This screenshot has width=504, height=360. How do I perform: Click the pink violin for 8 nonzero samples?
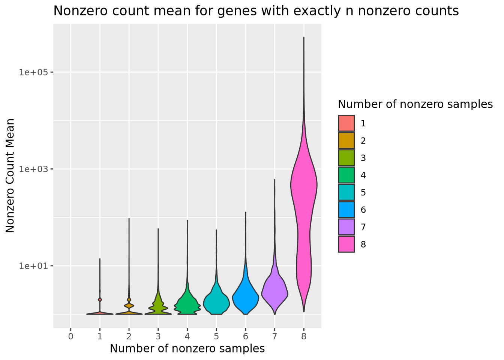[304, 187]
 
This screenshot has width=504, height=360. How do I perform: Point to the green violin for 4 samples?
[187, 304]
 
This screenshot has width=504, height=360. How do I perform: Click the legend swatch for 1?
[346, 123]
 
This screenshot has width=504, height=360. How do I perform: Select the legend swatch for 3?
[346, 158]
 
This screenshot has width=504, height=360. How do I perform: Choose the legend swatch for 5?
[346, 192]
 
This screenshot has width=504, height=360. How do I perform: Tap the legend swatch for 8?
[346, 244]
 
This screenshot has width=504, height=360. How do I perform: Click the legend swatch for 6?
[346, 210]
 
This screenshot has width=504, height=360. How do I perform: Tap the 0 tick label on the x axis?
[70, 336]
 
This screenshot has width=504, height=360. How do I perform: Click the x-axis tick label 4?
[187, 336]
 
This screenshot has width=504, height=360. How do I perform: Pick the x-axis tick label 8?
[304, 336]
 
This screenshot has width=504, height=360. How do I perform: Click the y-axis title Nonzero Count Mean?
[10, 175]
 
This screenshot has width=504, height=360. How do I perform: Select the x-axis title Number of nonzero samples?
[187, 349]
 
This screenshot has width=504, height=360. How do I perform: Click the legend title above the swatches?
[415, 104]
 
